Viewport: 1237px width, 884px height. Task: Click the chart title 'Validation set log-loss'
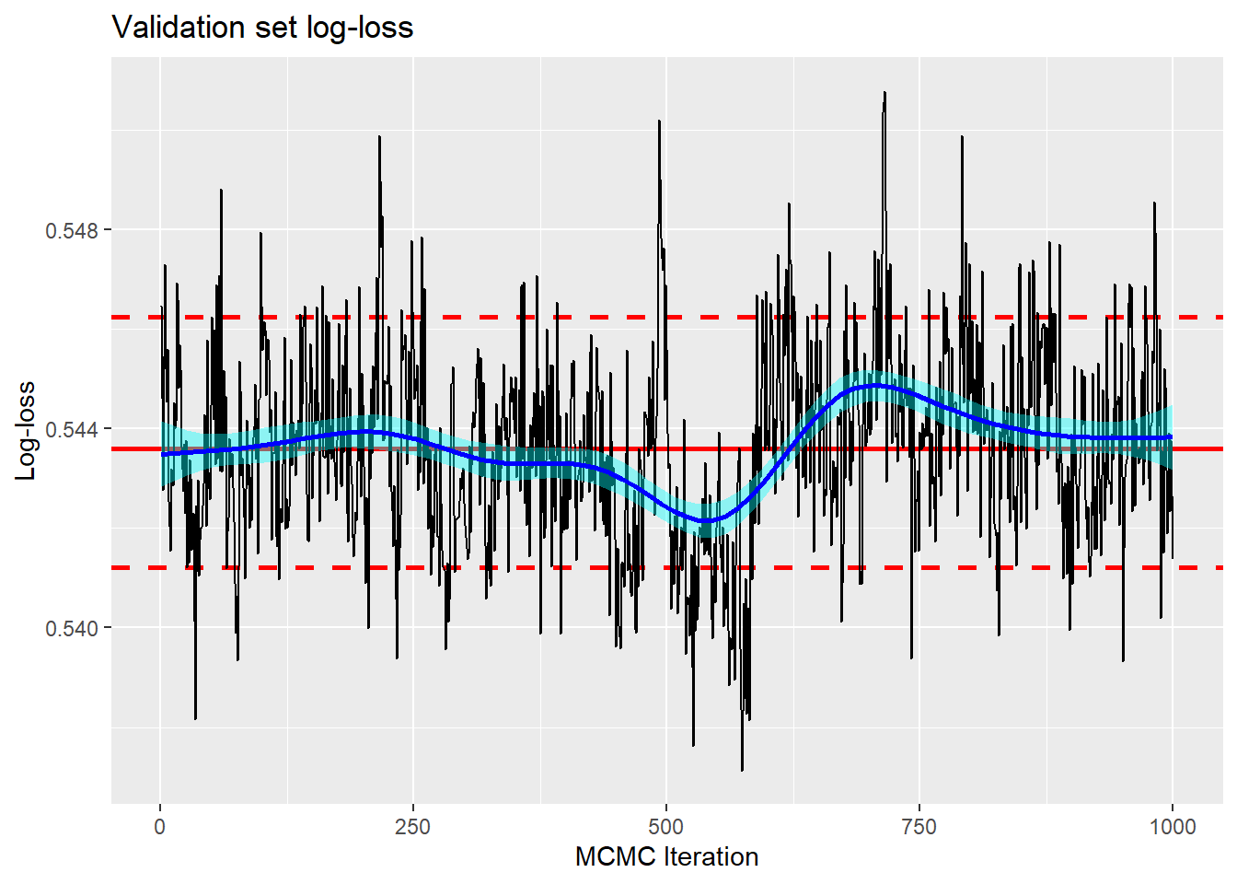[x=262, y=28]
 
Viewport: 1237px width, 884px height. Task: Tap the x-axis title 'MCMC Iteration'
[x=666, y=856]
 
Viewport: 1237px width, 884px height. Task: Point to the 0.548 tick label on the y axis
[x=72, y=230]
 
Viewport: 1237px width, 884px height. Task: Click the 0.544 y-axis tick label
[x=72, y=429]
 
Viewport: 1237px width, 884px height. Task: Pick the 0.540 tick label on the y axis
[x=72, y=628]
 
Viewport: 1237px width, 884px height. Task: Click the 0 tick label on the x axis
[x=160, y=826]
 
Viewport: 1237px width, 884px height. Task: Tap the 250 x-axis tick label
[x=412, y=826]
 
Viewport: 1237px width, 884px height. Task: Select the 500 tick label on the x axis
[x=665, y=826]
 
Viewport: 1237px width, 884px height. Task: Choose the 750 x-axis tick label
[x=919, y=826]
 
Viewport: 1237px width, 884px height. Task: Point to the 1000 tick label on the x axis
[x=1172, y=826]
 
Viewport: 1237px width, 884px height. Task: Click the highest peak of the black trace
[x=884, y=93]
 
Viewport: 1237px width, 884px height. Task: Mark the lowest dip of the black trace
[x=742, y=769]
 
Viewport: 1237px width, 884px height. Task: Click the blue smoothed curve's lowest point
[x=705, y=521]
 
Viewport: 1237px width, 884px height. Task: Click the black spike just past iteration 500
[x=659, y=122]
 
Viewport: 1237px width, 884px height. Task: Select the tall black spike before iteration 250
[x=379, y=137]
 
